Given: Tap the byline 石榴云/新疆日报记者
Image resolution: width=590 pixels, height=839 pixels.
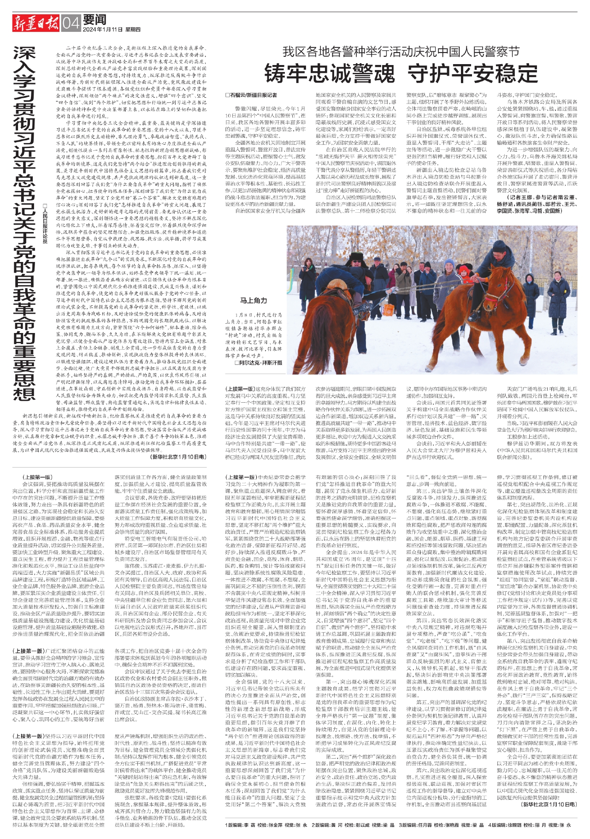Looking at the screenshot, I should point(251,95).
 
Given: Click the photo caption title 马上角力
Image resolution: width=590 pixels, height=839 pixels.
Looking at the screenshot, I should point(253,300).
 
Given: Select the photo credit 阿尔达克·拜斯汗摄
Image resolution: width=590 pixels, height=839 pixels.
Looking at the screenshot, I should point(260,363).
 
